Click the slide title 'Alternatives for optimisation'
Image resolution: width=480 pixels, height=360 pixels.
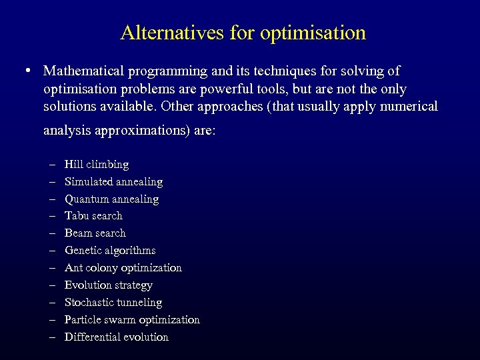(243, 33)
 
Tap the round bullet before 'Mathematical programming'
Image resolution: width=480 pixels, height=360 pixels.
(25, 70)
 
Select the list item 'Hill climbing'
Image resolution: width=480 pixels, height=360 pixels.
(97, 164)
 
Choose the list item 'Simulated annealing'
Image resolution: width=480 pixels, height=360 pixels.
(113, 181)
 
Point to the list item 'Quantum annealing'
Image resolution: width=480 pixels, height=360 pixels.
(111, 199)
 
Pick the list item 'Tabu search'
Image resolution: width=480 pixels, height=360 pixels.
(93, 215)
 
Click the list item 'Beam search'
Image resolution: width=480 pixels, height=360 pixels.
(95, 233)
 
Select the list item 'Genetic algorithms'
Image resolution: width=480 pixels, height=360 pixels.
(110, 250)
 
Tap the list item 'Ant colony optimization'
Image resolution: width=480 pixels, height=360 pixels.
(123, 267)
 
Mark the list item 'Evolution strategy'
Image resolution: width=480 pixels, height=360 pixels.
(108, 285)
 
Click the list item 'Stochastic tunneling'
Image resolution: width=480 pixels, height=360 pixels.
(113, 302)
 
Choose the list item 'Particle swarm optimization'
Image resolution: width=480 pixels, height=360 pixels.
(132, 319)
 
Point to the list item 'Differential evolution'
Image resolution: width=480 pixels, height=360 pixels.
(116, 337)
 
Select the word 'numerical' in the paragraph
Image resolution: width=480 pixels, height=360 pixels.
(409, 106)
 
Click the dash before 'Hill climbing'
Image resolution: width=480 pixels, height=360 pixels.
(52, 164)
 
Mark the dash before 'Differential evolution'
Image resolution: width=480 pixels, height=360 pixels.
(52, 337)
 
